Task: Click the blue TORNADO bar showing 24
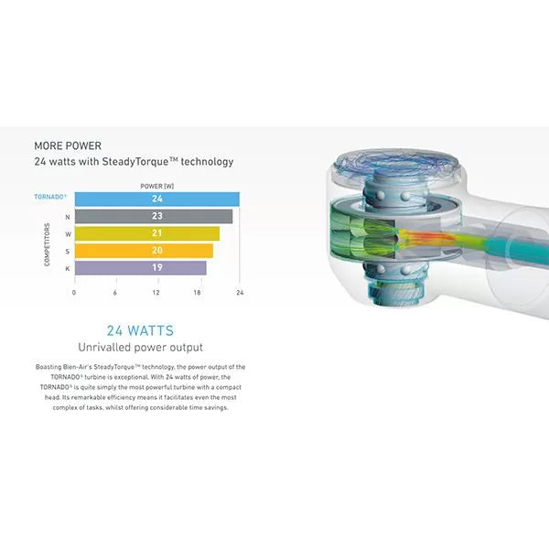click(157, 199)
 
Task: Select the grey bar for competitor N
click(154, 216)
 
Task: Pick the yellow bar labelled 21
click(147, 233)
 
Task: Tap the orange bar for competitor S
click(144, 251)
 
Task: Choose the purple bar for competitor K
click(140, 268)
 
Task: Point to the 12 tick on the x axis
click(156, 293)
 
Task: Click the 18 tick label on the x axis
click(197, 293)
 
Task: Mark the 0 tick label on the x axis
click(74, 293)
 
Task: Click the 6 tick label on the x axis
click(115, 293)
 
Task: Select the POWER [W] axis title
click(156, 186)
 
